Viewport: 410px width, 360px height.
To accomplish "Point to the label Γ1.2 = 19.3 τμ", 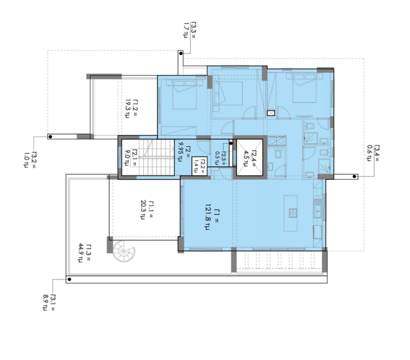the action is click(131, 109).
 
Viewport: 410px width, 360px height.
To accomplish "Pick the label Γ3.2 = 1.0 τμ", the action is click(29, 160).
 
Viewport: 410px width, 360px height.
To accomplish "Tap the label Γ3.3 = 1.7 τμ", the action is click(189, 31).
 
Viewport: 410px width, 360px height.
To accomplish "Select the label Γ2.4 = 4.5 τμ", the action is click(249, 158).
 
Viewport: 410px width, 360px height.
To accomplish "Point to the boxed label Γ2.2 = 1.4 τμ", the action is click(199, 166).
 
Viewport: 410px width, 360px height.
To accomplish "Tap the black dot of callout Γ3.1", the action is click(69, 279).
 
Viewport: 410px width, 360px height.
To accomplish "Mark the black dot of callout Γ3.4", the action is click(354, 177).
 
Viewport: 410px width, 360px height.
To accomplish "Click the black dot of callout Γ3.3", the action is click(181, 54).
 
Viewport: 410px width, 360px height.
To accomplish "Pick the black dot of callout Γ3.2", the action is click(50, 137).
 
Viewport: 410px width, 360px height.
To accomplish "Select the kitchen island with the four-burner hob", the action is click(291, 213).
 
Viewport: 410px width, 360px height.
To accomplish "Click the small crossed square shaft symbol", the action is click(271, 113).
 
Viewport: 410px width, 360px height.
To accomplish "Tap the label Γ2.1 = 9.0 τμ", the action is click(130, 157).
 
